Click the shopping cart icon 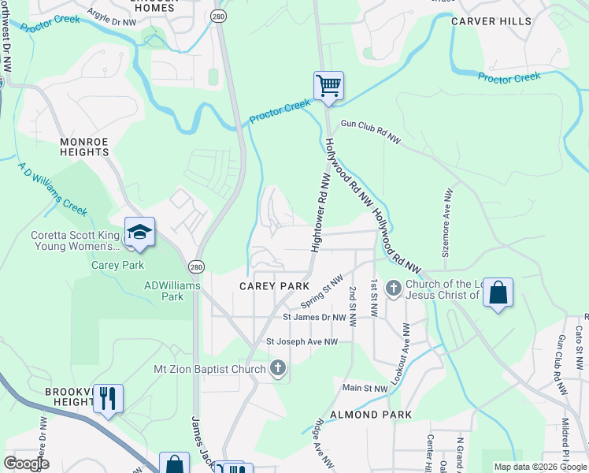click(328, 85)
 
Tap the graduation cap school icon click(139, 232)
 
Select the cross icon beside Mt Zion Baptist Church click(277, 368)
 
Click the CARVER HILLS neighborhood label click(491, 21)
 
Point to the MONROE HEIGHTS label click(84, 146)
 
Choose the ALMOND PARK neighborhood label click(371, 414)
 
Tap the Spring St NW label click(322, 292)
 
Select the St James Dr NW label click(315, 318)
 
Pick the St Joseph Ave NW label click(302, 341)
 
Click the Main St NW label click(365, 388)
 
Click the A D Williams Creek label click(52, 188)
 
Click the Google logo click(25, 464)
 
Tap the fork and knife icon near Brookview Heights click(108, 398)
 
